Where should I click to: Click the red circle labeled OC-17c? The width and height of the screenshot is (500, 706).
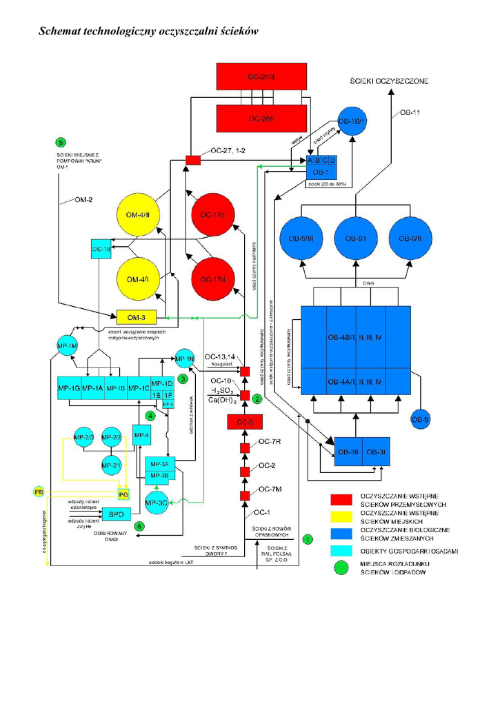click(213, 215)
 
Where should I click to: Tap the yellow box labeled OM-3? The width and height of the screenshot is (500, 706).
click(137, 316)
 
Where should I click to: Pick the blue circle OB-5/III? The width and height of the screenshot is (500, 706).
click(301, 239)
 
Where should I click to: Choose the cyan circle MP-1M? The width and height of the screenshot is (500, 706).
click(67, 345)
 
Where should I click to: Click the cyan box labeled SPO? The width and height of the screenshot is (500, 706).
click(117, 514)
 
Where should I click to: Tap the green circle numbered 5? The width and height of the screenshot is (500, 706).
click(61, 142)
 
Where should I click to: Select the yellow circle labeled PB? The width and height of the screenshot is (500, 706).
click(39, 492)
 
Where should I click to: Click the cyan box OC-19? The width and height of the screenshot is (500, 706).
click(101, 249)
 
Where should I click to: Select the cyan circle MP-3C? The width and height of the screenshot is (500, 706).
click(157, 503)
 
